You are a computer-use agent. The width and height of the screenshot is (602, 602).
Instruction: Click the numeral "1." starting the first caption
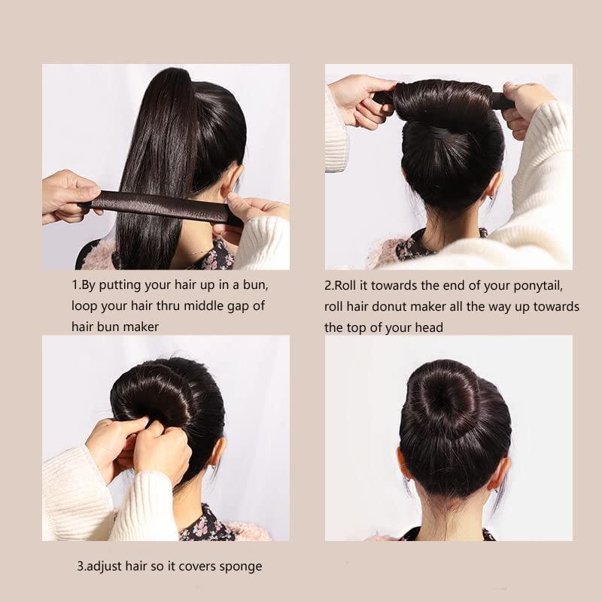pyautogui.click(x=77, y=285)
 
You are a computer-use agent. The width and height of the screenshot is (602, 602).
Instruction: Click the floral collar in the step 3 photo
pyautogui.click(x=205, y=524)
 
